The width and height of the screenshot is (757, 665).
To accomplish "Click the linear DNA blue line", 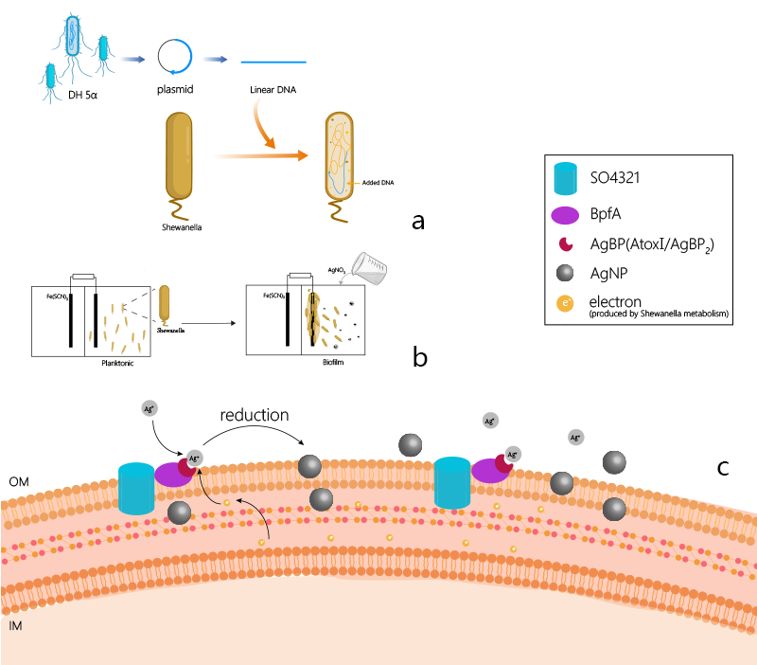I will tap(273, 62).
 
